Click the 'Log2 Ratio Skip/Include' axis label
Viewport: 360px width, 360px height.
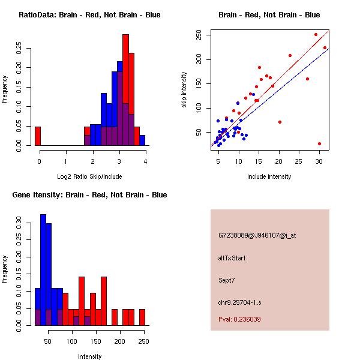(x=89, y=176)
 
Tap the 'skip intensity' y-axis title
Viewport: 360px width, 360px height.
(x=184, y=90)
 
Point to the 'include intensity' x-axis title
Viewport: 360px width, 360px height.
(x=269, y=176)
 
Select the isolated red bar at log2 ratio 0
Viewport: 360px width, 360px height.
(x=37, y=136)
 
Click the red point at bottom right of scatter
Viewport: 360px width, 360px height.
(x=319, y=144)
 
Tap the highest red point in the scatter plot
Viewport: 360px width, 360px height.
(x=316, y=34)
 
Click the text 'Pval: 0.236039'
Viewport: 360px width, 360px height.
(x=239, y=319)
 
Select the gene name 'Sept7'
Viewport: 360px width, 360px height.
(x=229, y=280)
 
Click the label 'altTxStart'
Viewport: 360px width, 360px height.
(x=232, y=258)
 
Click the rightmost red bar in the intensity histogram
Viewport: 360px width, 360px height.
(x=142, y=317)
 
